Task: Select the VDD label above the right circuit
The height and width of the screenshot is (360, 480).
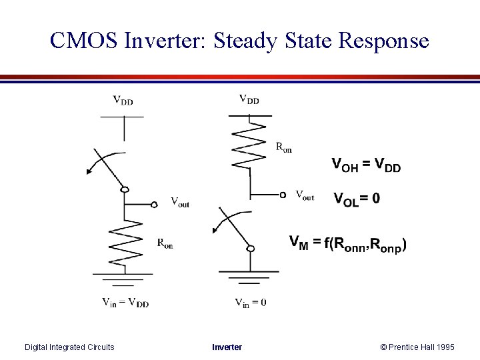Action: [x=249, y=100]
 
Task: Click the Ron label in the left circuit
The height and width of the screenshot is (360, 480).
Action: [x=165, y=244]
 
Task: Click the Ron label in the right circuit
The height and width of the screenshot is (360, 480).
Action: [x=283, y=148]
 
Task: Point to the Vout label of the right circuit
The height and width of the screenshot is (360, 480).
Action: [x=304, y=195]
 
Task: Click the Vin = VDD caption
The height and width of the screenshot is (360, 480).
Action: [x=125, y=303]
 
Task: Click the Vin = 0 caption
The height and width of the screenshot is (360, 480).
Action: [x=251, y=302]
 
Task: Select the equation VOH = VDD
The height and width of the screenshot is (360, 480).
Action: [x=366, y=165]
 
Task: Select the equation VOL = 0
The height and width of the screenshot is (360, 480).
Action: [x=357, y=198]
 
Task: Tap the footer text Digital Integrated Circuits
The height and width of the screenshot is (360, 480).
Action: [x=69, y=347]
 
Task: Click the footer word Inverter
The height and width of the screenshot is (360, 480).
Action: [x=227, y=347]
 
